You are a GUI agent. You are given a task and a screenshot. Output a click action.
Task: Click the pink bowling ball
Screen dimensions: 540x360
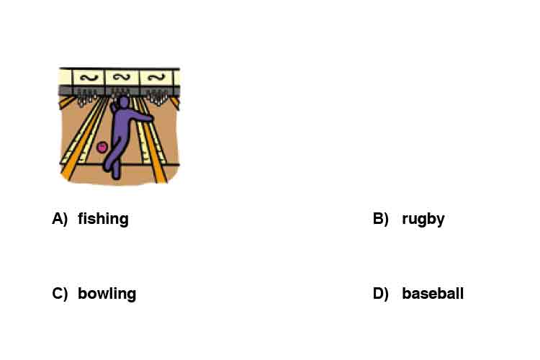pyautogui.click(x=102, y=147)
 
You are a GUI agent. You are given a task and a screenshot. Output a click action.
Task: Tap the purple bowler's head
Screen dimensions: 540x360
pyautogui.click(x=123, y=102)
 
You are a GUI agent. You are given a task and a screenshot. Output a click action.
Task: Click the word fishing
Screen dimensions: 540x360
pyautogui.click(x=103, y=219)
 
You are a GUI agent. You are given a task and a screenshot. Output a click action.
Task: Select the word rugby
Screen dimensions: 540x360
pyautogui.click(x=423, y=219)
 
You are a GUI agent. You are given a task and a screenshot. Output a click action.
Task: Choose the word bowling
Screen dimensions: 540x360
pyautogui.click(x=107, y=294)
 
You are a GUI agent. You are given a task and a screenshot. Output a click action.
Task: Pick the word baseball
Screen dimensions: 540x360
pyautogui.click(x=433, y=294)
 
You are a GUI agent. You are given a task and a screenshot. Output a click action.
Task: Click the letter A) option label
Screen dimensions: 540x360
pyautogui.click(x=60, y=219)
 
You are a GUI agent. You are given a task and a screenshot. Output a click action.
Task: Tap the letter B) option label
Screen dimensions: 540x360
pyautogui.click(x=381, y=219)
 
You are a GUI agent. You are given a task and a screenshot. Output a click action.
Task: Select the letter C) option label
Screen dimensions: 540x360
pyautogui.click(x=60, y=294)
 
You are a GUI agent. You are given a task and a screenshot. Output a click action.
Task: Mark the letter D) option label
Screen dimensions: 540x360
pyautogui.click(x=381, y=294)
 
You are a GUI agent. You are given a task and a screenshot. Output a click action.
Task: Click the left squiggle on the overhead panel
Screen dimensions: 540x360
pyautogui.click(x=89, y=78)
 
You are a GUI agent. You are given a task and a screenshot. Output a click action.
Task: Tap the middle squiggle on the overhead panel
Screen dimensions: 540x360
pyautogui.click(x=122, y=77)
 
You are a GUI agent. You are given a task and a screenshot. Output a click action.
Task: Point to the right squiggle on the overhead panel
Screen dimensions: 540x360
pyautogui.click(x=156, y=78)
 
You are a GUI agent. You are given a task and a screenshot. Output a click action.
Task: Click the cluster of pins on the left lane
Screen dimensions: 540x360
pyautogui.click(x=87, y=97)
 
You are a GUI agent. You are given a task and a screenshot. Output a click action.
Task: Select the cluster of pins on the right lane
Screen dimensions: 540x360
pyautogui.click(x=158, y=96)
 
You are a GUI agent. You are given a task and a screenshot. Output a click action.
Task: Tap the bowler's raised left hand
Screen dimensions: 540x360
pyautogui.click(x=112, y=107)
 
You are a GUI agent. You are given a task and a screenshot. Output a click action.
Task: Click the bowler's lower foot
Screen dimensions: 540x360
pyautogui.click(x=117, y=174)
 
